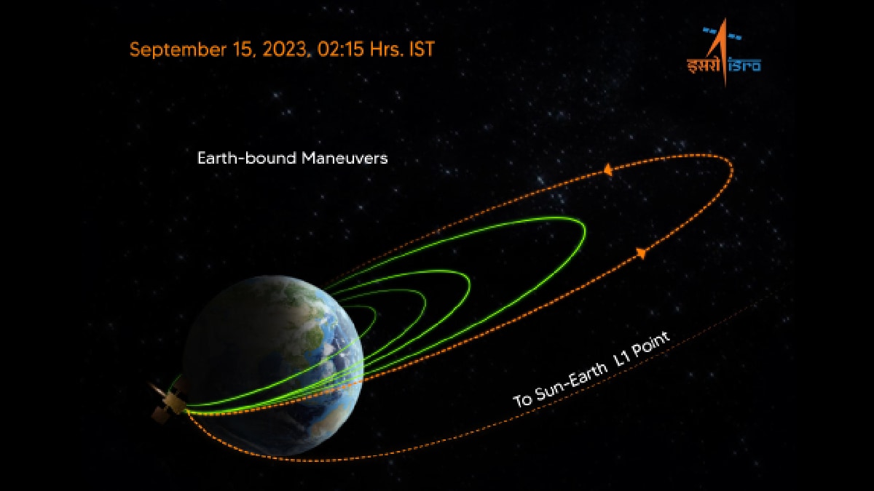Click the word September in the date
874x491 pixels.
click(178, 50)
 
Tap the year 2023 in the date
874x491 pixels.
click(284, 49)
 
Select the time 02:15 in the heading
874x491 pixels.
click(341, 49)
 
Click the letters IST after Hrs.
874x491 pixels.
click(422, 49)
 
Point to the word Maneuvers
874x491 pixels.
click(345, 159)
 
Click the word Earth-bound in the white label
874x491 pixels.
click(247, 159)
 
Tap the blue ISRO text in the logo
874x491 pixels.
click(744, 65)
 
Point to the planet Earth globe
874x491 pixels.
click(273, 365)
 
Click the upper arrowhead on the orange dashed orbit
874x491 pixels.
click(607, 170)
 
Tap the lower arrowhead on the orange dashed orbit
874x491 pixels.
click(641, 253)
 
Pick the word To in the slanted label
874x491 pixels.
click(522, 400)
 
